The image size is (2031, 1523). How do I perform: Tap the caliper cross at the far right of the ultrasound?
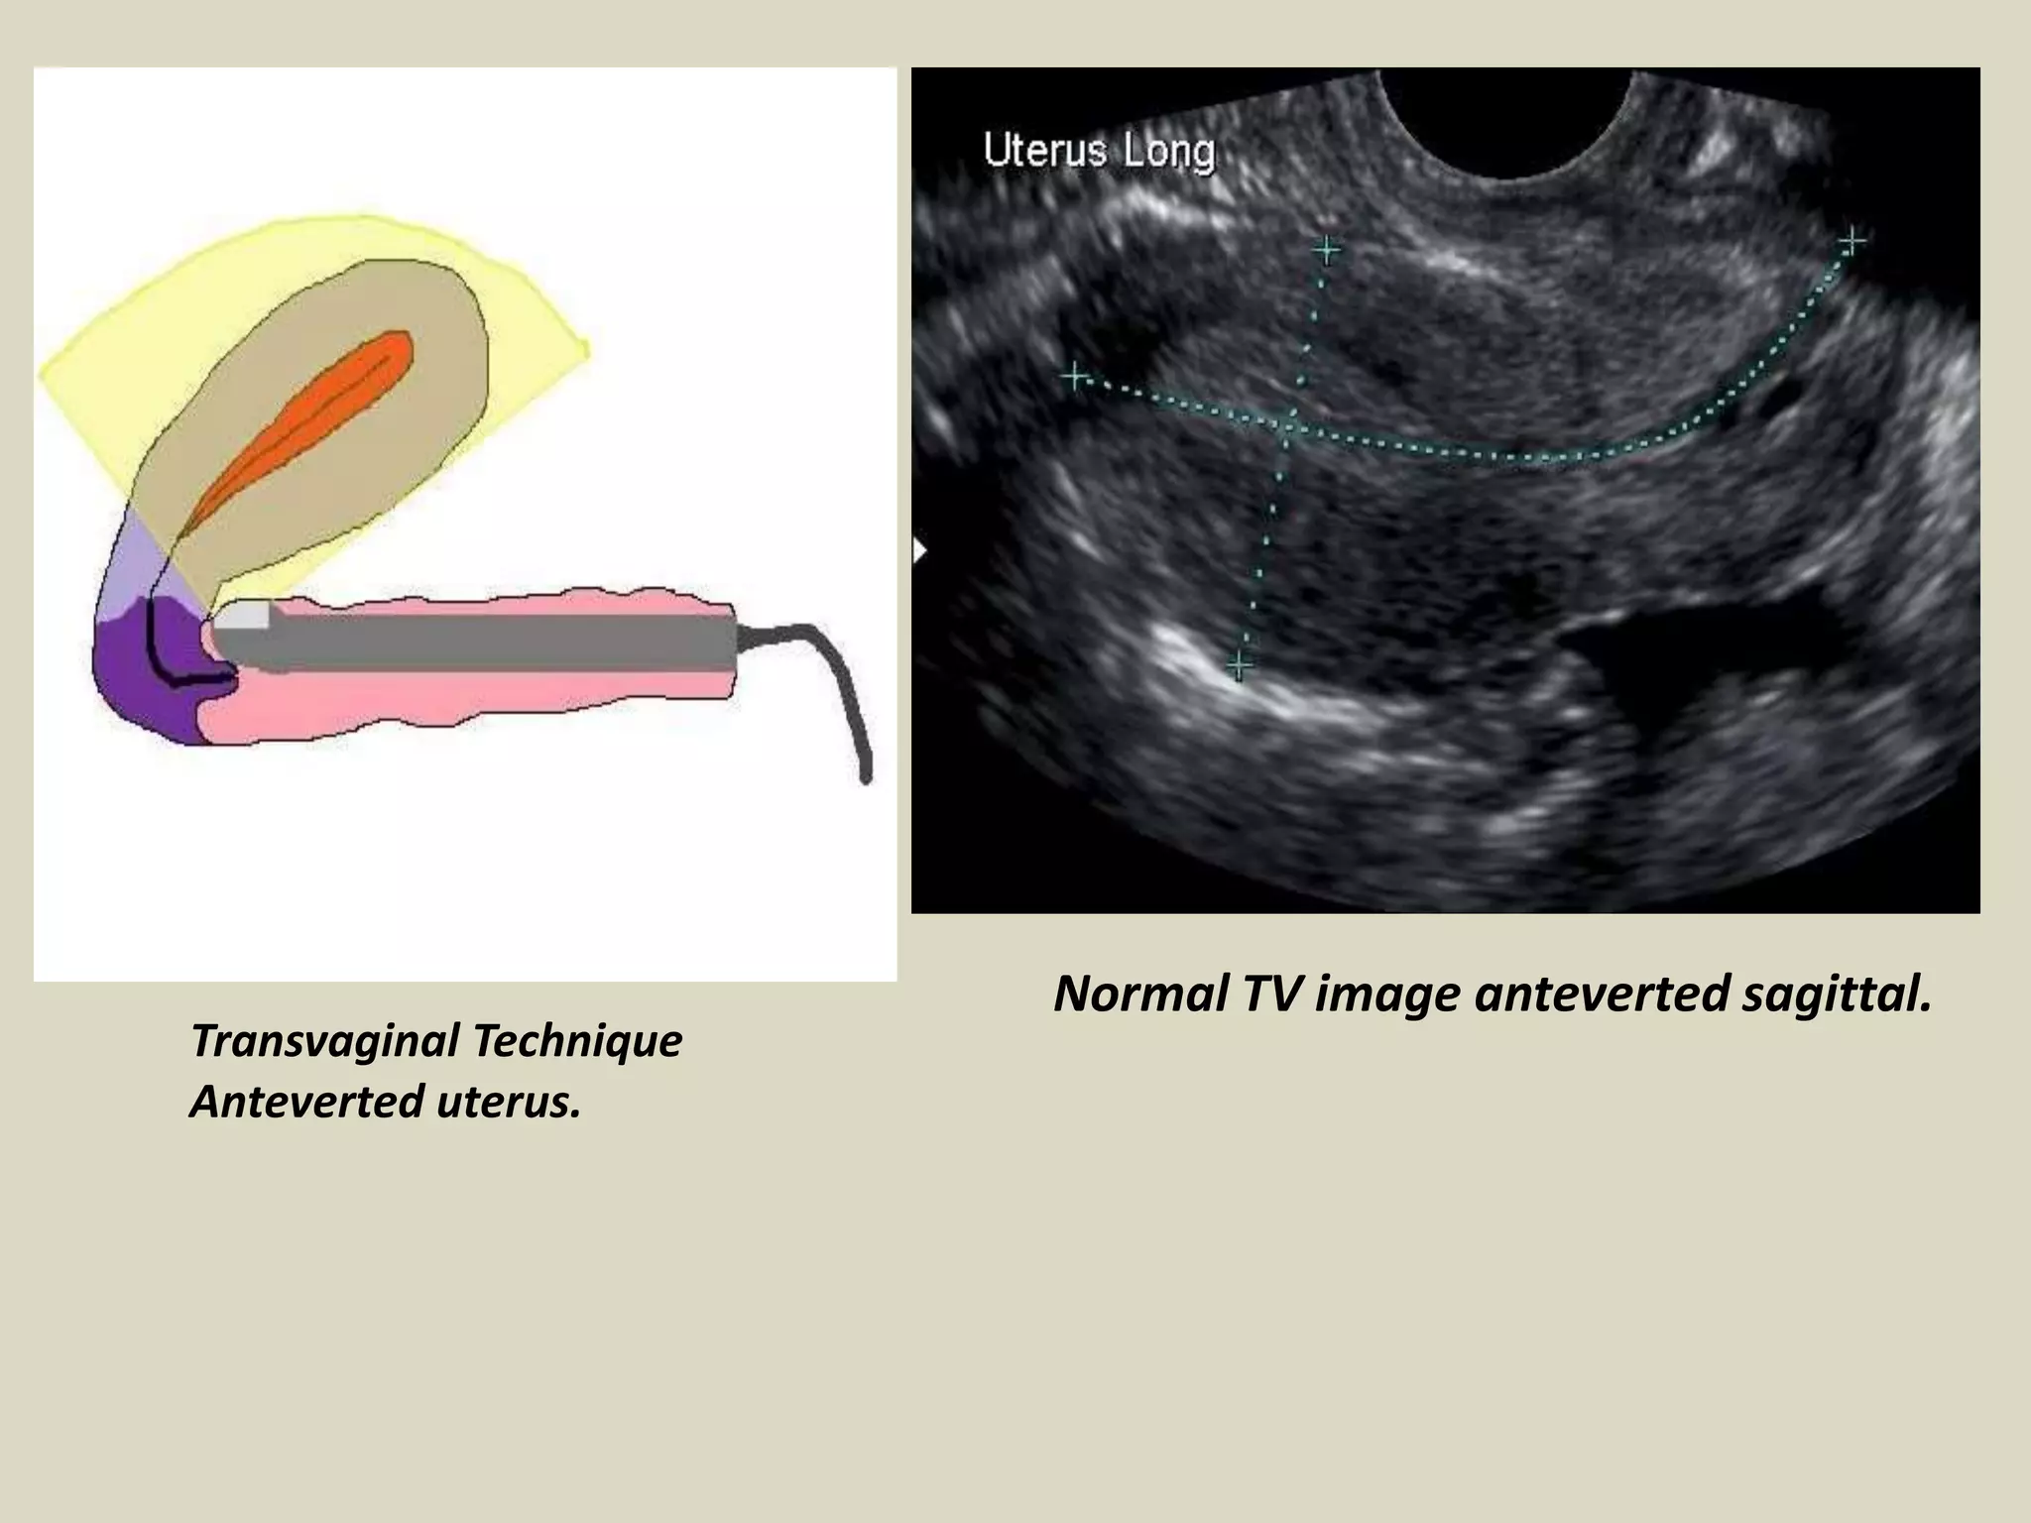[x=1852, y=241]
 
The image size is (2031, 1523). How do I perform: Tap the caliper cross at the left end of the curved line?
[x=1074, y=377]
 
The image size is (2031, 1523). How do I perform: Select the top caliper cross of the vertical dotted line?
[x=1326, y=249]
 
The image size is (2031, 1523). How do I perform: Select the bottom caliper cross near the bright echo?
[x=1240, y=663]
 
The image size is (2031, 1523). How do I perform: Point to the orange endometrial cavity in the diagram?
[x=327, y=416]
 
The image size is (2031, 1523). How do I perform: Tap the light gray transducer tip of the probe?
[x=243, y=616]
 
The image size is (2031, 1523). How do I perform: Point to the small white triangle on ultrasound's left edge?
[x=918, y=550]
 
